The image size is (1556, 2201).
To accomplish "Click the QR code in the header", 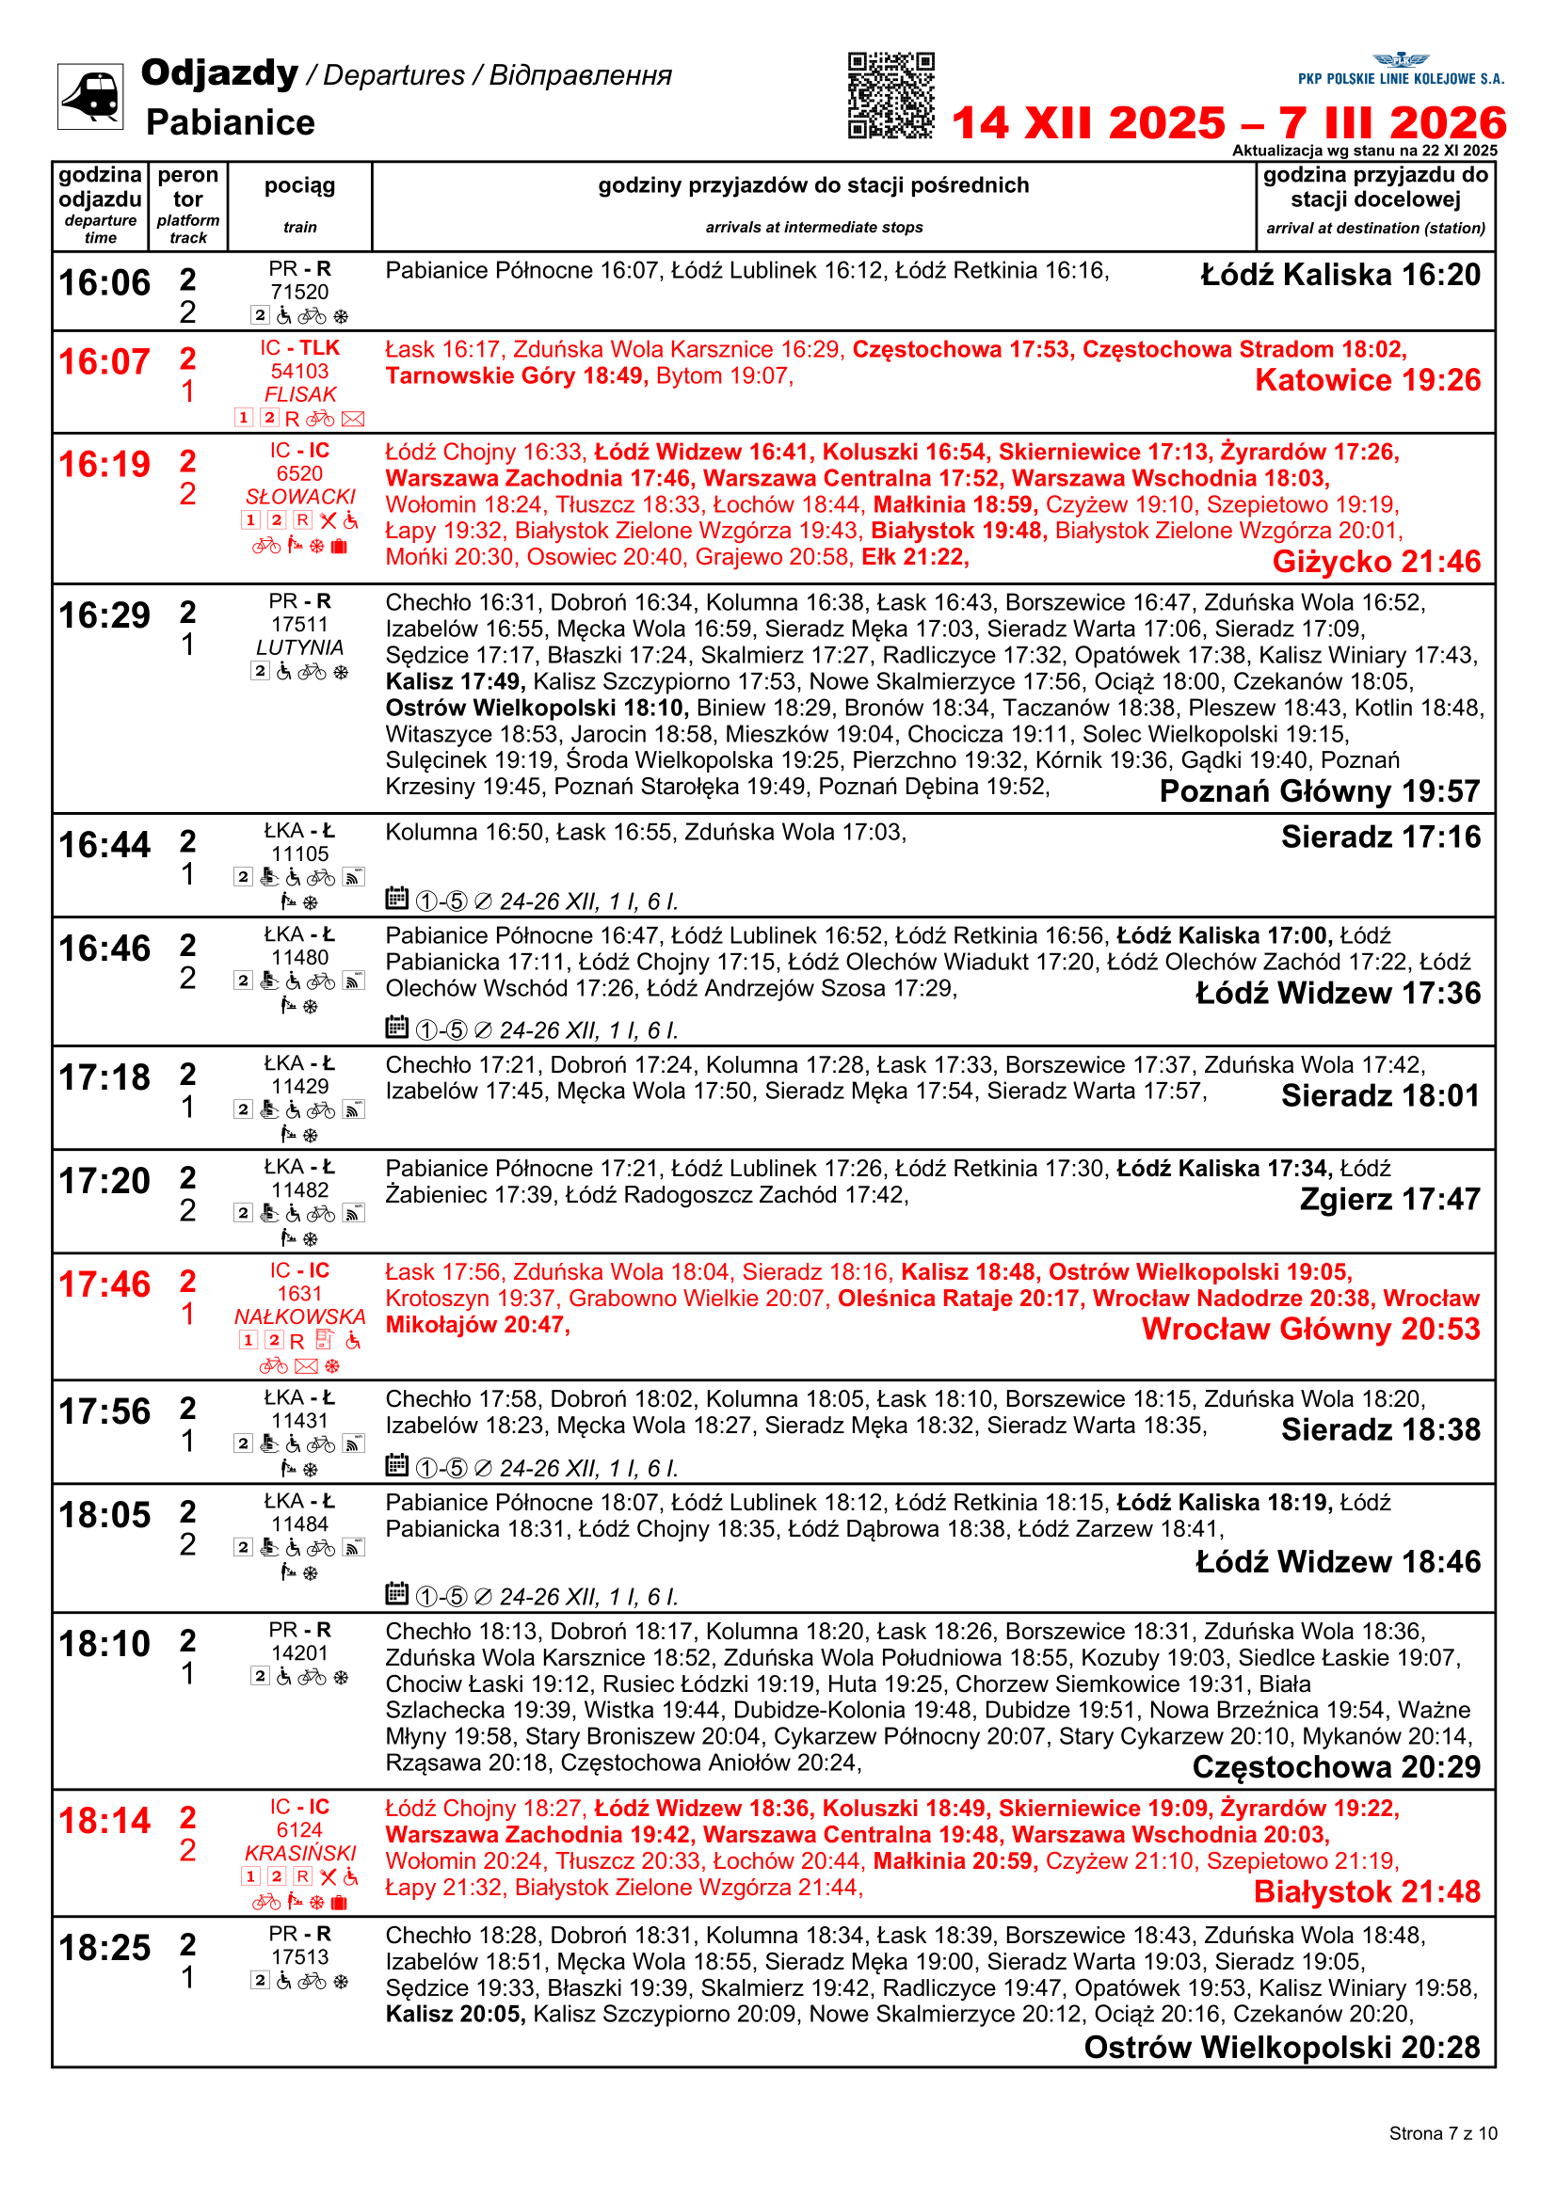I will click(890, 95).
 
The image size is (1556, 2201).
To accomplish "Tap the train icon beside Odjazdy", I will click(90, 96).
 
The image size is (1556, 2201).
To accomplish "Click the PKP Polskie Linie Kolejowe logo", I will click(1400, 70).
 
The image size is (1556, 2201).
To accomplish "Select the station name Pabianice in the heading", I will click(230, 122).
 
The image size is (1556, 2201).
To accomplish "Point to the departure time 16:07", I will click(104, 362).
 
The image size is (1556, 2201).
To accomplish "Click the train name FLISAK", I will click(300, 394).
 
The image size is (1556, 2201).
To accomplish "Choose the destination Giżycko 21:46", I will click(1376, 562).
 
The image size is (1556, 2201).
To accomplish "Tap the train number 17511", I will click(299, 624).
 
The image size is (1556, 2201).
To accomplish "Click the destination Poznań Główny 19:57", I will click(1319, 790).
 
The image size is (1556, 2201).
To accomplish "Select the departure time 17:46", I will click(104, 1284).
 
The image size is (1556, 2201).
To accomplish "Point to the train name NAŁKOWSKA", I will click(300, 1317).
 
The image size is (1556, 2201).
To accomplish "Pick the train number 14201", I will click(299, 1652).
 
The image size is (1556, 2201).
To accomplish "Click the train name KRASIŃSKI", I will click(300, 1853).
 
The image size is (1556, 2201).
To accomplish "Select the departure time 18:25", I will click(104, 1948).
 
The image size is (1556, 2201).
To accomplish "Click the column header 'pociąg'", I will click(299, 186).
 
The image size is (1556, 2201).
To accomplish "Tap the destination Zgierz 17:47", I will click(1389, 1199).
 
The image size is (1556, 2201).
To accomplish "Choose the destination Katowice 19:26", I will click(1367, 380).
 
